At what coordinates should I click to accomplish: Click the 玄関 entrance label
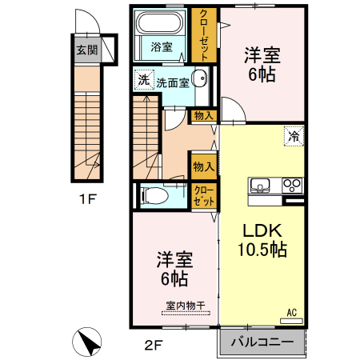(86, 50)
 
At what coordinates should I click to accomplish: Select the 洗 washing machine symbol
(143, 80)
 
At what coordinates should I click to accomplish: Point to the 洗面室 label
(172, 82)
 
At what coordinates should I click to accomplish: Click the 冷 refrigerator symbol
(294, 136)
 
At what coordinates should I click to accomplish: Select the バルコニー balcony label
(262, 342)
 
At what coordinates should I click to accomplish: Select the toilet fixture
(155, 195)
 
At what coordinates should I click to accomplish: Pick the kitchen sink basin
(261, 186)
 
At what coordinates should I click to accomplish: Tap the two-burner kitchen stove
(292, 186)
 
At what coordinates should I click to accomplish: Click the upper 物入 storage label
(202, 116)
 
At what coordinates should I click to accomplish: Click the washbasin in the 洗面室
(200, 79)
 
